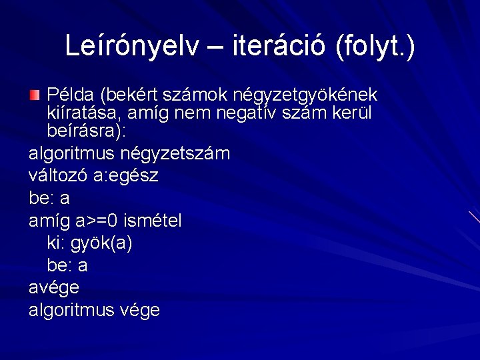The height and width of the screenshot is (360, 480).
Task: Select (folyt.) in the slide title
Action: pos(376,47)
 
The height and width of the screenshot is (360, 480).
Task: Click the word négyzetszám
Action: pos(175,154)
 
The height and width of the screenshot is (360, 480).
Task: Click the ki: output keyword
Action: pos(56,243)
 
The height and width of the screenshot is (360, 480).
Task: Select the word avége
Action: pos(54,288)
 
